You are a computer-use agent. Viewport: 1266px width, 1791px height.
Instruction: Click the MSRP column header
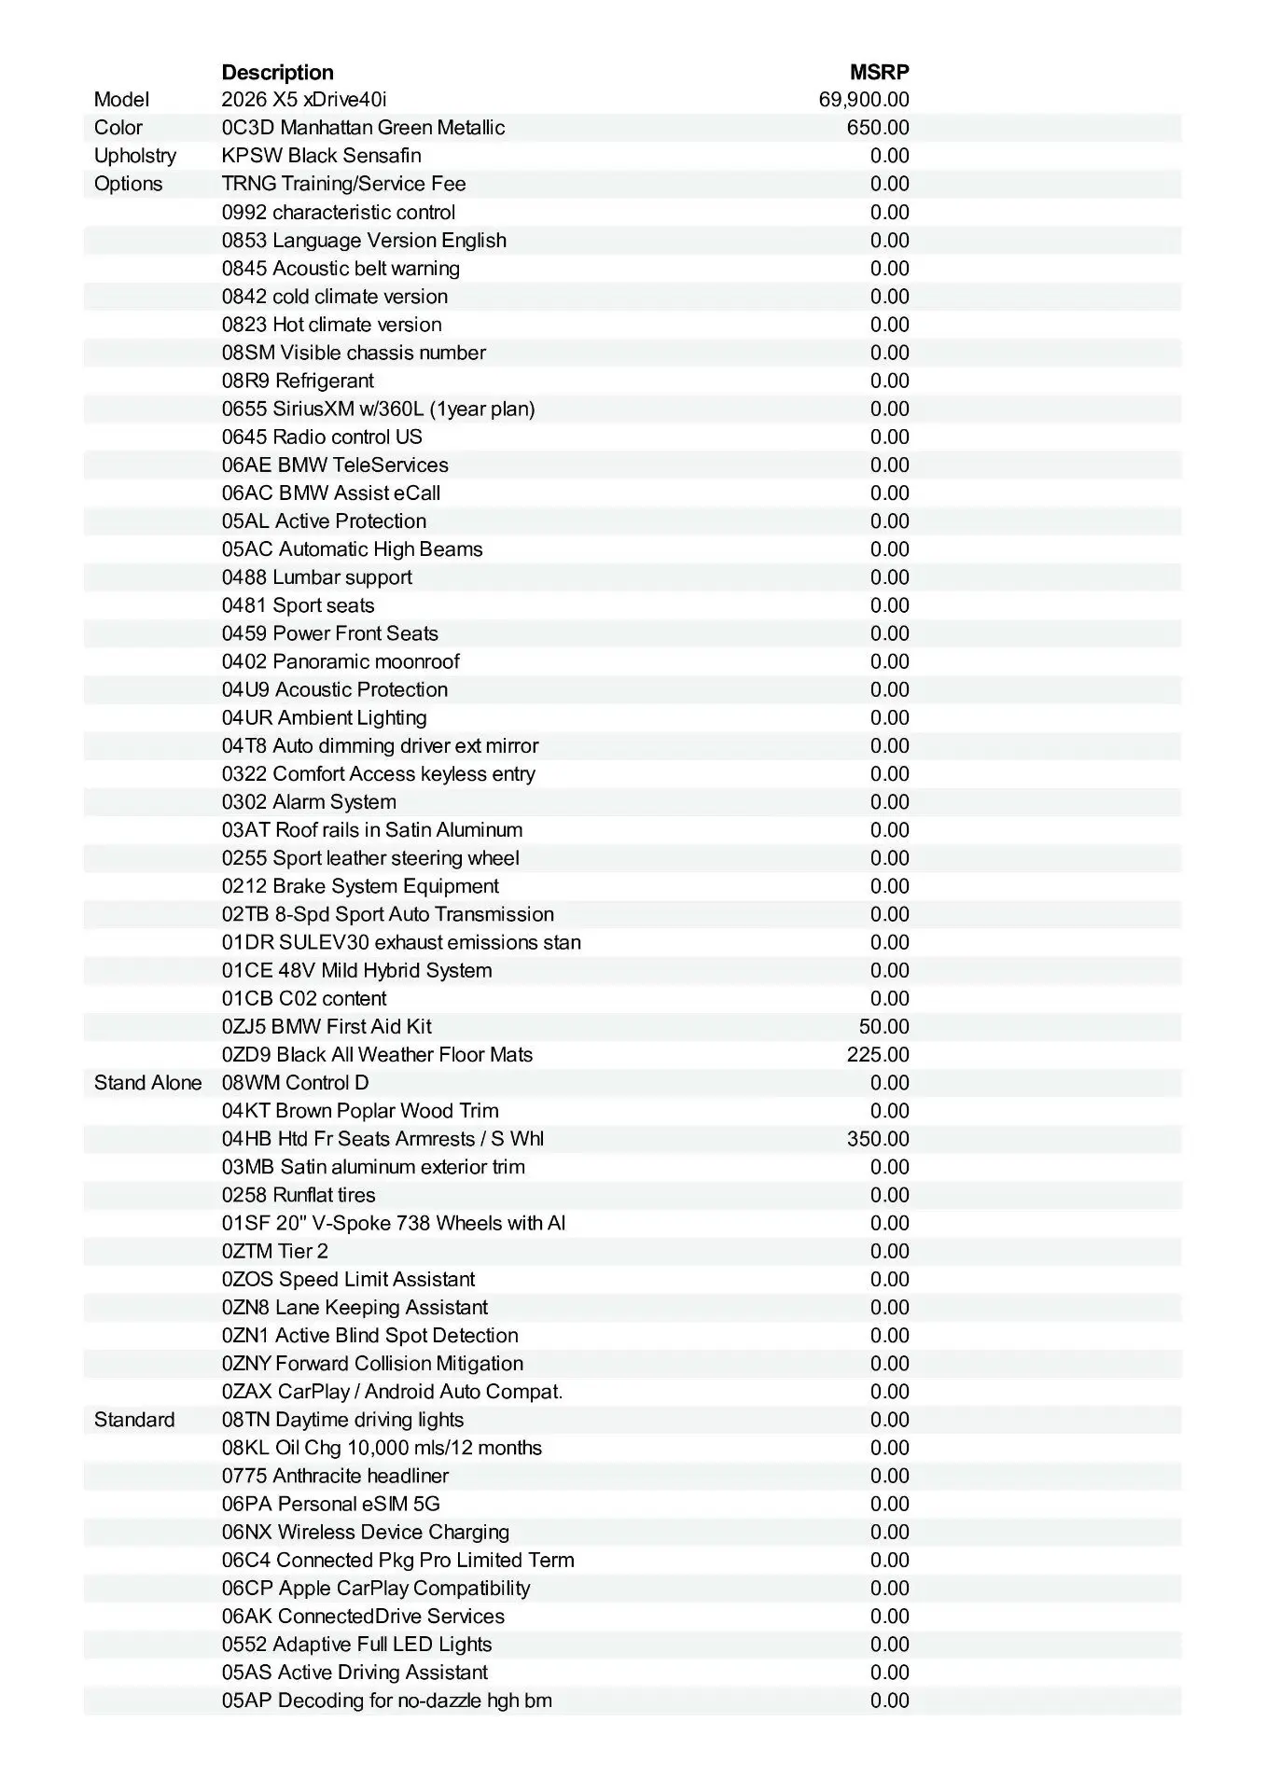click(x=879, y=72)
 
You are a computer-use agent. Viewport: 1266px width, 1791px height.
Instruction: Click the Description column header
click(x=277, y=72)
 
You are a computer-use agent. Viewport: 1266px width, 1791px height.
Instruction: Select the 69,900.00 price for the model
click(x=863, y=100)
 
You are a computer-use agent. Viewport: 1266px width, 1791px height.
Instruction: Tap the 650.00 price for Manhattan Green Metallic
click(x=877, y=128)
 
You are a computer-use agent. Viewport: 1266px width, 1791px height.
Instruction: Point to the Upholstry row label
click(x=134, y=156)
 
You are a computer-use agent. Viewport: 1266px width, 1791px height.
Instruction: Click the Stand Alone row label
click(x=147, y=1083)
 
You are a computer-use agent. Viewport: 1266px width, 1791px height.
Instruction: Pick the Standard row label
click(x=134, y=1420)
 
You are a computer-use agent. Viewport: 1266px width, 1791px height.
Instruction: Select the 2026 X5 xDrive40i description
click(x=304, y=100)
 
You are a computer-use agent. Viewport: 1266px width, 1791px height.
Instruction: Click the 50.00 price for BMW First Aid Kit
click(x=883, y=1027)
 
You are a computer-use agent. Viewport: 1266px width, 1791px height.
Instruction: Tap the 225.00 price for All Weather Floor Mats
click(x=877, y=1055)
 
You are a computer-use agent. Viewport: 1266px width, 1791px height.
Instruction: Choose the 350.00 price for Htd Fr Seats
click(x=877, y=1139)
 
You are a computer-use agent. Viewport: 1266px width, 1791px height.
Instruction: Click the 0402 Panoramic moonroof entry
click(x=341, y=661)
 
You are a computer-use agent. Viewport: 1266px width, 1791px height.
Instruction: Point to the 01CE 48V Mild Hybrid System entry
click(x=356, y=970)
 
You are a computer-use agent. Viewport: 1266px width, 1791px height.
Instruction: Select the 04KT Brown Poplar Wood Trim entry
click(x=360, y=1111)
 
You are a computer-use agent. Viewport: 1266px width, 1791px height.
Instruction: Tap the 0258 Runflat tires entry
click(x=299, y=1195)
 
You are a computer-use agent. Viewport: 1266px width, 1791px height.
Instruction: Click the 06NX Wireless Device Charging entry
click(x=366, y=1532)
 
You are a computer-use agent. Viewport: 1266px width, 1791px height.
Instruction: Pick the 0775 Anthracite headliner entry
click(x=335, y=1476)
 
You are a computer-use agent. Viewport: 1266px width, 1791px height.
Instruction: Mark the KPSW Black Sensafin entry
click(x=321, y=156)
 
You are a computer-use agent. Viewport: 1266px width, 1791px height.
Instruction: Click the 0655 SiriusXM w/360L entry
click(x=378, y=409)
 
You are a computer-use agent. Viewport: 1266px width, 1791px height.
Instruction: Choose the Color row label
click(x=118, y=128)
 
